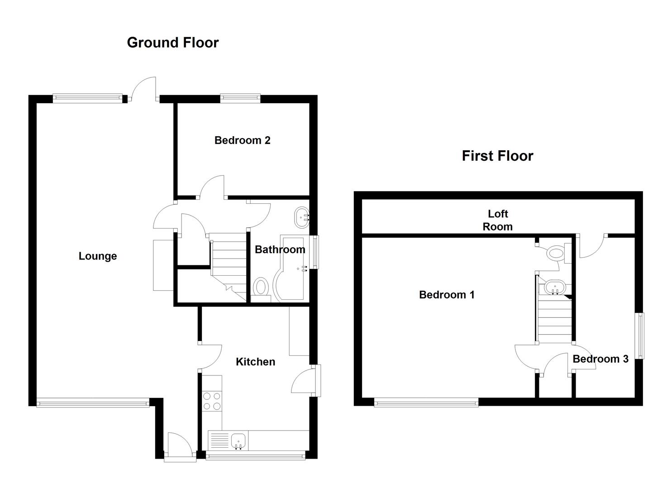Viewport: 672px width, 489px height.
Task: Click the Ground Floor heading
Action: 173,43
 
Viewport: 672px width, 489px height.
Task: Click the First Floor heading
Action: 498,156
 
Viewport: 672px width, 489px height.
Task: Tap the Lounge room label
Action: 98,256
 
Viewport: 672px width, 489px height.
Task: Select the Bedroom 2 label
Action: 243,140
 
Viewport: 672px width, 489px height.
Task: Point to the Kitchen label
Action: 256,362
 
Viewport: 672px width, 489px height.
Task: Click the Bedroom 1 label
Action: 447,295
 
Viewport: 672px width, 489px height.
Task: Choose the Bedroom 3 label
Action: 601,359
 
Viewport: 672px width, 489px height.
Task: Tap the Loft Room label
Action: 498,220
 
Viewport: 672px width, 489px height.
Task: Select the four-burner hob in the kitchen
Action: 212,401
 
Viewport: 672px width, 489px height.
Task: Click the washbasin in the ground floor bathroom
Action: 302,218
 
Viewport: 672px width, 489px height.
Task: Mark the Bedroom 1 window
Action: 426,403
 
